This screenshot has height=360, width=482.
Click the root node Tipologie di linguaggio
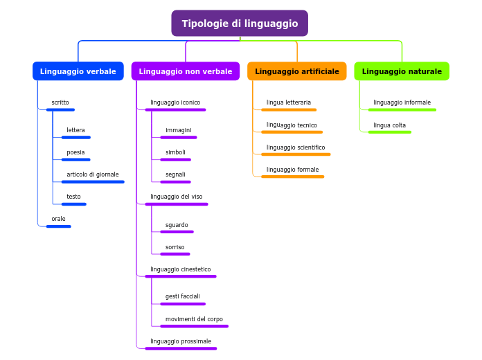(240, 24)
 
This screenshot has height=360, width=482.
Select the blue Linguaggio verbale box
(78, 71)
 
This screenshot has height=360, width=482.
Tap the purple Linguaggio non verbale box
(186, 71)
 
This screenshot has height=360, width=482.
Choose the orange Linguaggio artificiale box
(297, 71)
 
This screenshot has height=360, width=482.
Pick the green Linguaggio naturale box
(402, 71)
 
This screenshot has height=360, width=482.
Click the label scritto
(60, 102)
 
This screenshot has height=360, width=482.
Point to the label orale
(58, 219)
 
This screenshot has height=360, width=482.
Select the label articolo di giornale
(93, 174)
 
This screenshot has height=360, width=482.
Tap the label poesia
(75, 152)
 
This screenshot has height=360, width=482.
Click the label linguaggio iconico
(175, 102)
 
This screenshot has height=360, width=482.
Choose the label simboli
(175, 152)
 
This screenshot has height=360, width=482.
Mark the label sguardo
(177, 225)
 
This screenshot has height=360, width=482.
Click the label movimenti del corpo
(194, 319)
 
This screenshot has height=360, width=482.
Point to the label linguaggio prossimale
(181, 341)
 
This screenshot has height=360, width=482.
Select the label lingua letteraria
(289, 102)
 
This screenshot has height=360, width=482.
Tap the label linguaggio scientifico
(296, 147)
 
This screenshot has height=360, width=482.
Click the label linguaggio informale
(402, 102)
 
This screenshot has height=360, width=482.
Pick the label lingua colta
(389, 125)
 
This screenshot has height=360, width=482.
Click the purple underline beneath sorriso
(175, 254)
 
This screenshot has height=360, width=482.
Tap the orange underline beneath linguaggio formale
(292, 177)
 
